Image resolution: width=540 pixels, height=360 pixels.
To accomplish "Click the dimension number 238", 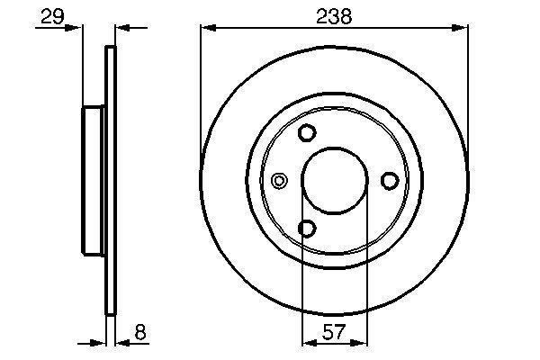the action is coord(334,16).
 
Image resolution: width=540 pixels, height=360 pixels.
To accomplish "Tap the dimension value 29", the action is coord(52,16).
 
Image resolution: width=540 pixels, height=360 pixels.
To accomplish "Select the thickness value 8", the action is coord(140,332).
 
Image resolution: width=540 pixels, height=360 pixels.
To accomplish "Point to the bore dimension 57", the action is coord(334,332).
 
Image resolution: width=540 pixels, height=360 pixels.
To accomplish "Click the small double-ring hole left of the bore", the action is coord(279,181).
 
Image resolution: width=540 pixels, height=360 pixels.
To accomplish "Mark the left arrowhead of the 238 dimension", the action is coord(208,28).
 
